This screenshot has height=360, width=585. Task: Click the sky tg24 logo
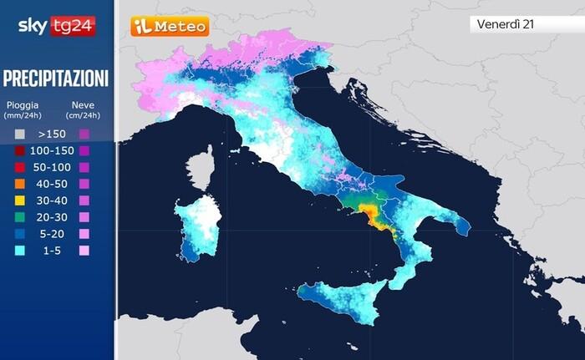click(x=56, y=26)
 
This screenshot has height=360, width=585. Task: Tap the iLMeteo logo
click(x=169, y=27)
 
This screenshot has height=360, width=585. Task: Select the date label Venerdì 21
click(x=506, y=24)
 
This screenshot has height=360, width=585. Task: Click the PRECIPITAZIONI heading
click(x=56, y=79)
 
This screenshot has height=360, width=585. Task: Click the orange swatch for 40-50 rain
click(x=20, y=184)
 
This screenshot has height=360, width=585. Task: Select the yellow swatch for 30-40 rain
click(x=20, y=200)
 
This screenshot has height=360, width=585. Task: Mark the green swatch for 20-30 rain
click(x=20, y=217)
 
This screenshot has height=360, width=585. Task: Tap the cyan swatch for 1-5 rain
click(x=20, y=251)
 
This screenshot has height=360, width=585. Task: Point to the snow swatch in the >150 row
click(x=84, y=134)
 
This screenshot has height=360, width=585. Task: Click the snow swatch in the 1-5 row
click(x=84, y=251)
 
